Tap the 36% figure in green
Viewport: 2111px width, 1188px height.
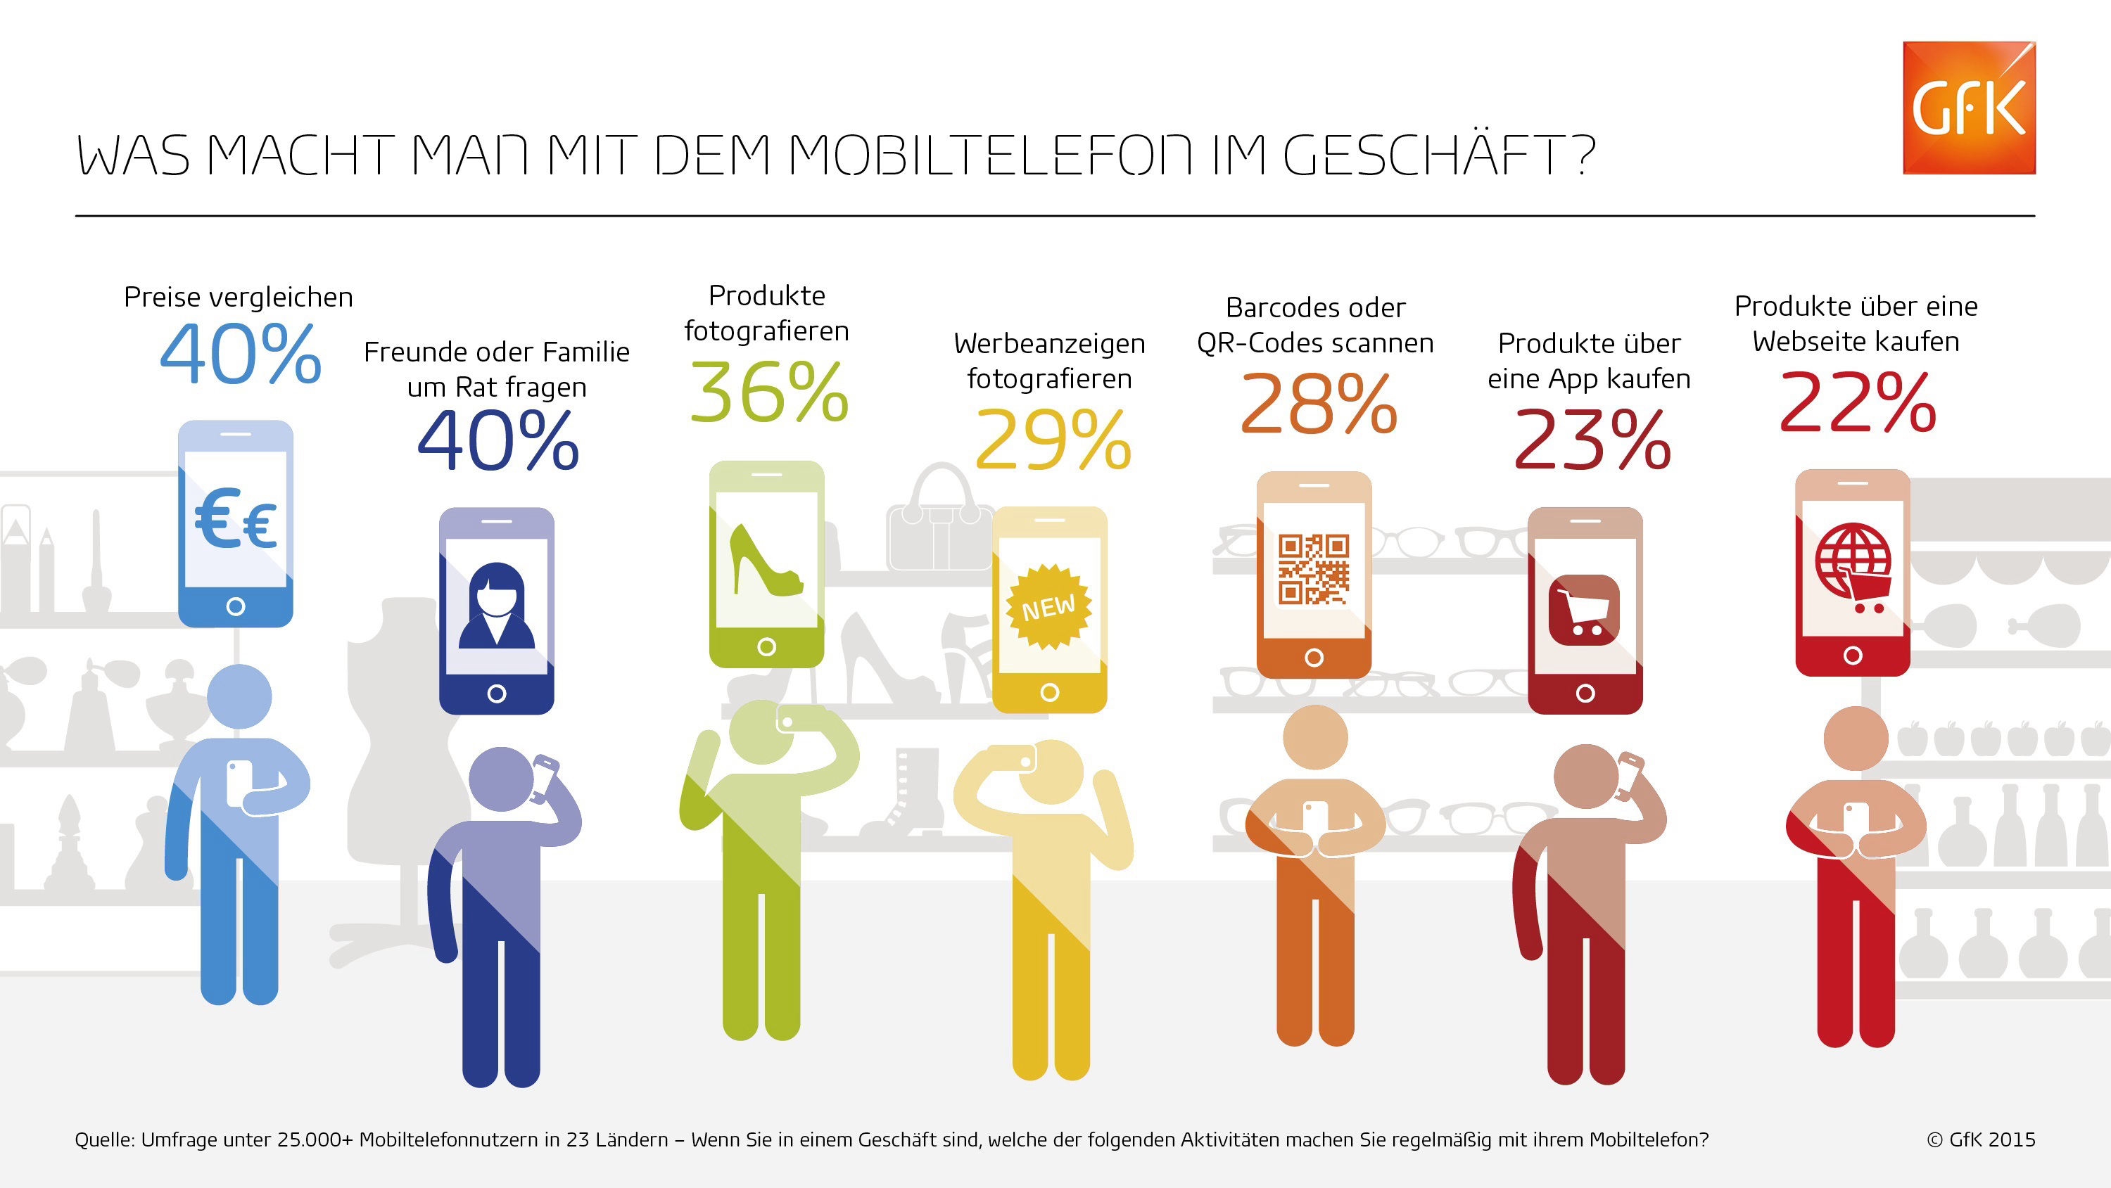768,392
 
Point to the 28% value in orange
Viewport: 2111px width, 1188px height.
1319,403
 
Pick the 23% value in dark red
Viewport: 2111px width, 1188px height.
1592,441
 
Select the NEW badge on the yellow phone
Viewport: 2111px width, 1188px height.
1049,606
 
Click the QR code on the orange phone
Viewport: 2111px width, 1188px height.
1314,568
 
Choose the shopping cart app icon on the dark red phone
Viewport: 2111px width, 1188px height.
1584,611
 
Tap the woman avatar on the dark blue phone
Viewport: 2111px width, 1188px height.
497,606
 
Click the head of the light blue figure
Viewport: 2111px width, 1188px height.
239,696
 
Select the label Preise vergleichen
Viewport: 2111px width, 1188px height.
239,297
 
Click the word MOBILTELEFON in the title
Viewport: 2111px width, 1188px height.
990,155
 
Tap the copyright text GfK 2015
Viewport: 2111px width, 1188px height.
1981,1139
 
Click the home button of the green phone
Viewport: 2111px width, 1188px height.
766,646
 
